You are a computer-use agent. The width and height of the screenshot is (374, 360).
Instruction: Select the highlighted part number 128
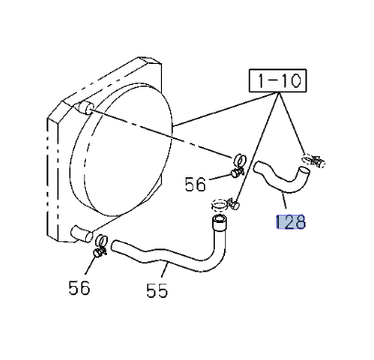point(290,221)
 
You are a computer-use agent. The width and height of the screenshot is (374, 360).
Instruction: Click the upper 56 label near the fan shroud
point(196,185)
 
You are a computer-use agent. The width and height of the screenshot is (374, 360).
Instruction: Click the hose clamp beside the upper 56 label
point(237,164)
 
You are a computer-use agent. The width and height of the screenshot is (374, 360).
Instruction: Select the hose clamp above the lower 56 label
point(98,245)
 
